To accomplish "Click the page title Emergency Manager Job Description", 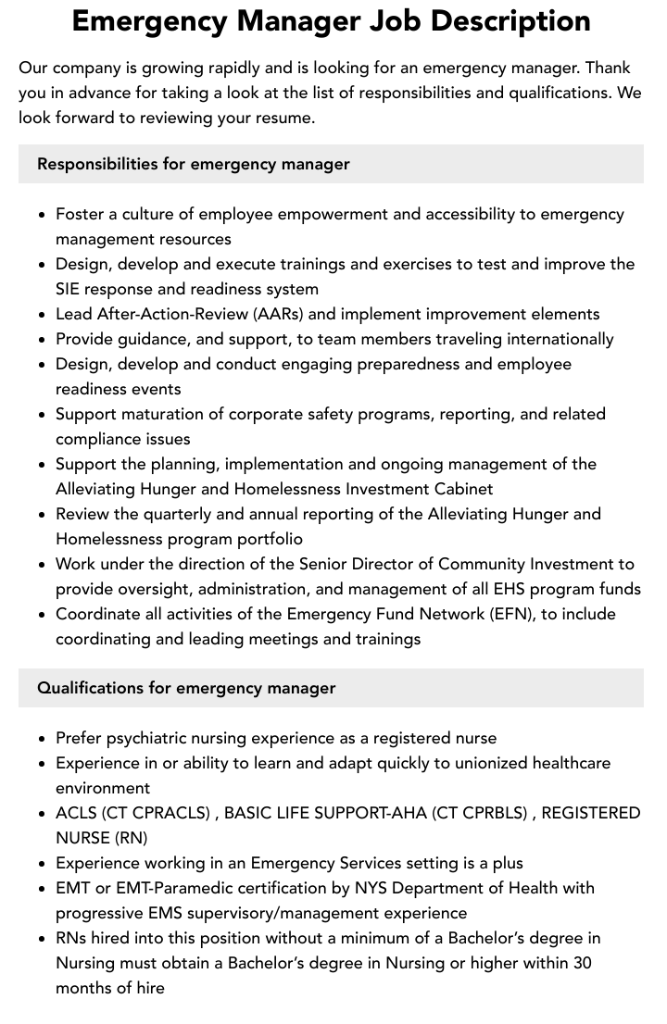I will [332, 20].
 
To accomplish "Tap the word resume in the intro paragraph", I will [285, 118].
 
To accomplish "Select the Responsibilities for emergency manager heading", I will [193, 164].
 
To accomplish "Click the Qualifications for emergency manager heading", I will [186, 688].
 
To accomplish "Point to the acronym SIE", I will [70, 289].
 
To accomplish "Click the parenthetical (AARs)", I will [282, 314].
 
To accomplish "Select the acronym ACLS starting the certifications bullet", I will [76, 813].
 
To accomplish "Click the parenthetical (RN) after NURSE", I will [131, 838].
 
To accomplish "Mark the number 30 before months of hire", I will [582, 963].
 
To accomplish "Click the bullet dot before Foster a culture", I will [43, 215].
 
